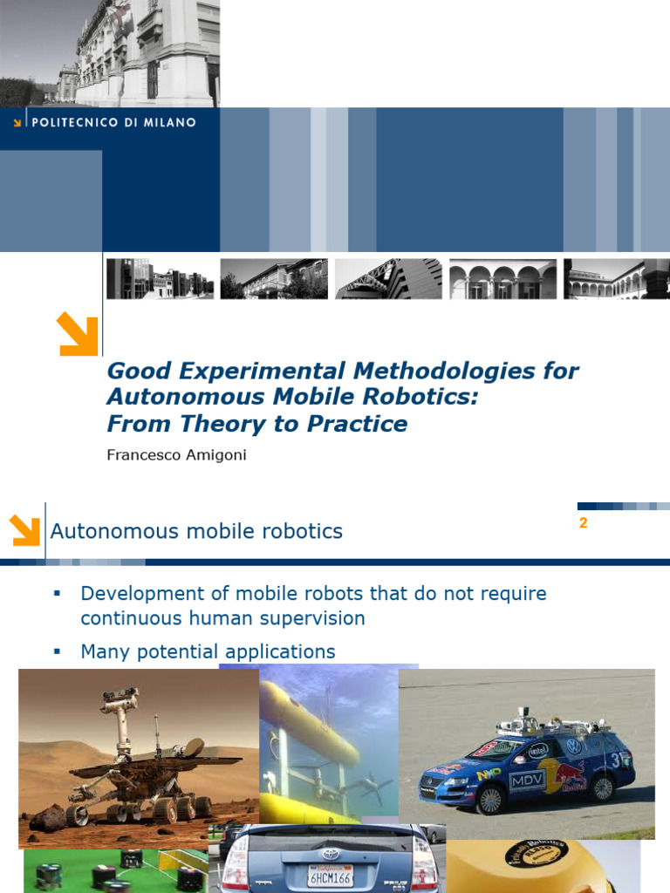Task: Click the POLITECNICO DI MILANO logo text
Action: (114, 122)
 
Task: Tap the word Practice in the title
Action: (357, 424)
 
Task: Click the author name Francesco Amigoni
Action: (176, 455)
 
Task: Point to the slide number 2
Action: (583, 523)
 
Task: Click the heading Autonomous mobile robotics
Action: (196, 531)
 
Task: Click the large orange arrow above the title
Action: (78, 334)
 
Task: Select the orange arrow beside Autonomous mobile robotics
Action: (25, 530)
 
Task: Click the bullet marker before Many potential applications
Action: (57, 651)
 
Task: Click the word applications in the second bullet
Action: (280, 652)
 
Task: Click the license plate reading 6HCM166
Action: (331, 876)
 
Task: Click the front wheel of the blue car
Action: (490, 800)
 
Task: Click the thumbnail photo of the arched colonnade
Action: (503, 278)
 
